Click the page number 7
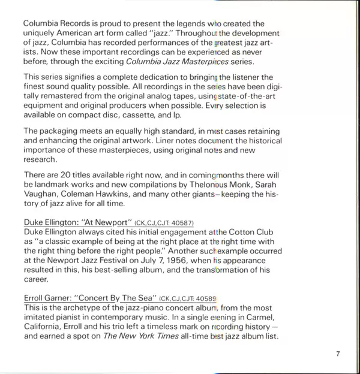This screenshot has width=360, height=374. [338, 354]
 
